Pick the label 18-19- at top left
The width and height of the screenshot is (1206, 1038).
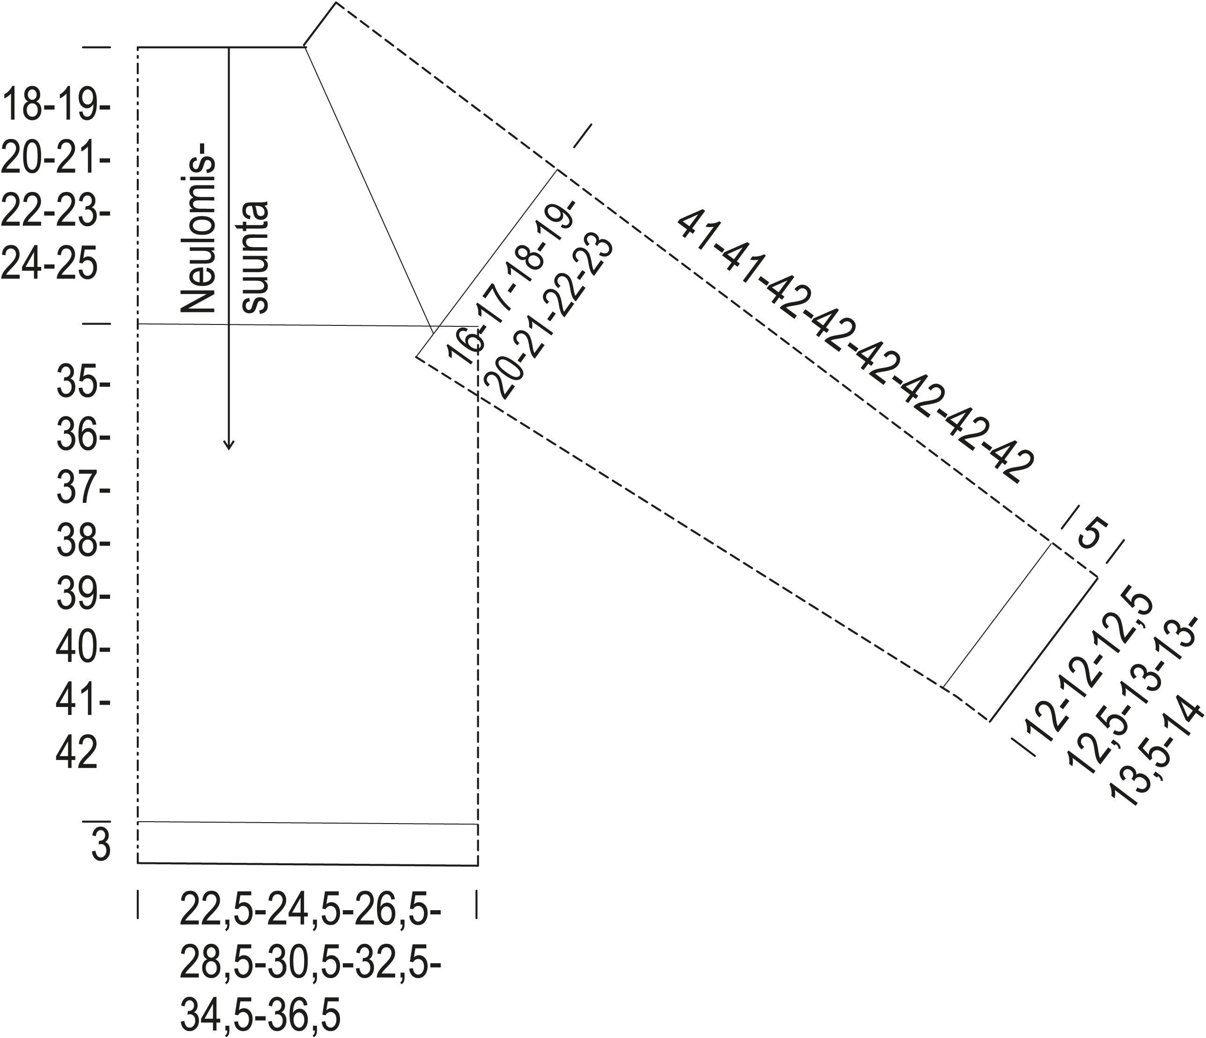tap(57, 105)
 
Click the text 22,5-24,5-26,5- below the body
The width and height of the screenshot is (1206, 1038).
tap(310, 910)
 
